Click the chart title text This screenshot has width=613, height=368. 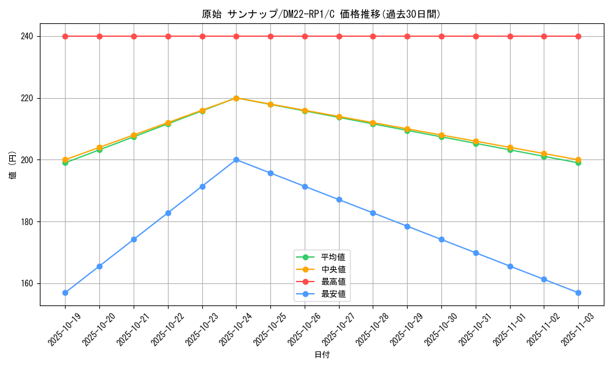point(321,14)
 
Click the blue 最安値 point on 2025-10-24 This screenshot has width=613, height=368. point(237,159)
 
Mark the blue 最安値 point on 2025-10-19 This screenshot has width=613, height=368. point(65,293)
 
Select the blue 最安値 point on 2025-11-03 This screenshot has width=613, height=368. point(578,293)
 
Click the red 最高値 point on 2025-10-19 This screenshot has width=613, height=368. point(65,36)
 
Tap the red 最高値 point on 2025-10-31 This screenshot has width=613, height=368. point(476,36)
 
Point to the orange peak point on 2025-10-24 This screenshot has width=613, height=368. point(237,98)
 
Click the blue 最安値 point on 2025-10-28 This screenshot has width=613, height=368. point(373,213)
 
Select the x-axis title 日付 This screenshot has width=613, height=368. point(322,355)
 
